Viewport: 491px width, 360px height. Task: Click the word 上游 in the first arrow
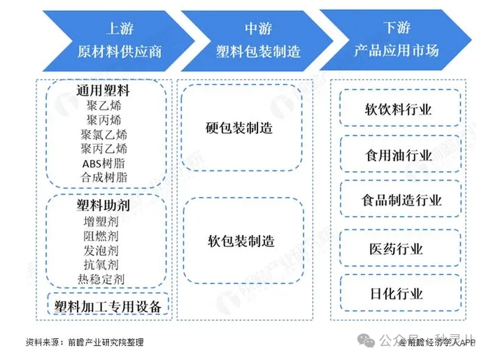[120, 29]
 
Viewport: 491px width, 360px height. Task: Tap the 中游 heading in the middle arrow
[258, 29]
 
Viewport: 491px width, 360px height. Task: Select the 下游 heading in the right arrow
[396, 29]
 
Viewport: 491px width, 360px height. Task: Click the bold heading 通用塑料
[104, 91]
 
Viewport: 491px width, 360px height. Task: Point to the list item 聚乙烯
[104, 106]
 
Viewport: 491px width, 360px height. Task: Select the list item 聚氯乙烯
[104, 134]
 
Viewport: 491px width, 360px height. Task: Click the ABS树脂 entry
[104, 163]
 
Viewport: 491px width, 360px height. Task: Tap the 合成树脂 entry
[104, 178]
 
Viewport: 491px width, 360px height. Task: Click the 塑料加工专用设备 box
[108, 306]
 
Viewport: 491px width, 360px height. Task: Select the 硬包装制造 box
[239, 129]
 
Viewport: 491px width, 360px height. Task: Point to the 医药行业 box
[397, 249]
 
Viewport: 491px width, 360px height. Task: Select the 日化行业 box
[397, 294]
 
